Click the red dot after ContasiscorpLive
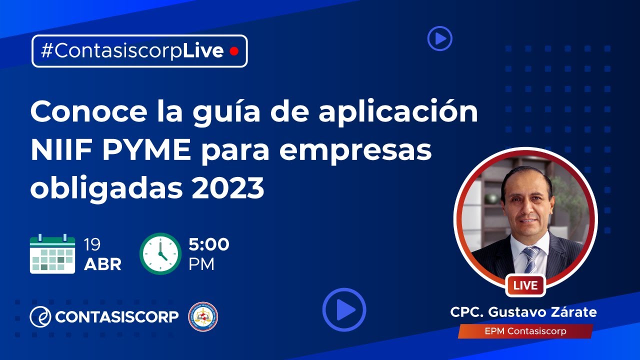point(233,51)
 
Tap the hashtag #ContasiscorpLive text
point(132,51)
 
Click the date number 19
point(92,244)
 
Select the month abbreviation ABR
point(102,264)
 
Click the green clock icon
point(160,253)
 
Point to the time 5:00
point(209,244)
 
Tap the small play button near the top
point(439,38)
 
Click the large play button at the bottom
point(344,310)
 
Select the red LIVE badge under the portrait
point(525,285)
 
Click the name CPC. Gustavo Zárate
point(523,312)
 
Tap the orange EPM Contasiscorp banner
point(525,331)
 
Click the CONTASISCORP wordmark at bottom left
point(117,316)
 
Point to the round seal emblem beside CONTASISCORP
point(203,316)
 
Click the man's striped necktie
point(531,260)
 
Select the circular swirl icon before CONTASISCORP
point(40,316)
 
